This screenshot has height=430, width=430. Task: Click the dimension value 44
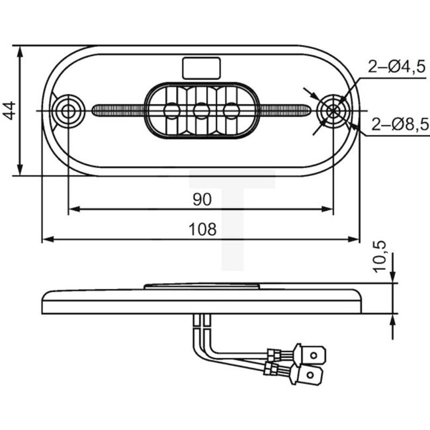tap(9, 110)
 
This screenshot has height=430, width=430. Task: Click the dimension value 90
tap(201, 198)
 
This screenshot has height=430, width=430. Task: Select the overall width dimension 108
tap(202, 230)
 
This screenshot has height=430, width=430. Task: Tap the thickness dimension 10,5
tap(379, 255)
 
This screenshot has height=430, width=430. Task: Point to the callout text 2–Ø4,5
tap(396, 66)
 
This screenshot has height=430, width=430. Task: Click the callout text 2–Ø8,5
tap(400, 123)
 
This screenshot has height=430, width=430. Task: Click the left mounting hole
tap(68, 111)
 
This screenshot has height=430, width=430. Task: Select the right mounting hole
tap(333, 111)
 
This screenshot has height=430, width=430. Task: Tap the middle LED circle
tap(201, 110)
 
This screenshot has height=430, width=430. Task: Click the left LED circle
tap(172, 110)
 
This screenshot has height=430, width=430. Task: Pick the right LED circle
tap(231, 110)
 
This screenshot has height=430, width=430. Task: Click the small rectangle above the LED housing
tap(201, 67)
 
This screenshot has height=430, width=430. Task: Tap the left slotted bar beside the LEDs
tap(119, 110)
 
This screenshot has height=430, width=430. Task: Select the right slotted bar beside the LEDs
tap(284, 110)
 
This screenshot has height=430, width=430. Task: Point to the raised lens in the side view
tap(201, 286)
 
